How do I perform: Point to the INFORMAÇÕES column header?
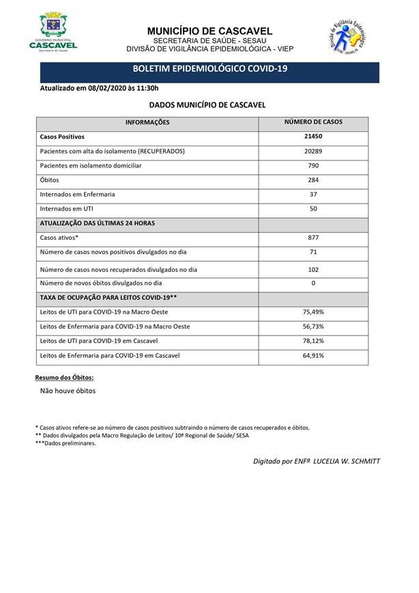pyautogui.click(x=147, y=122)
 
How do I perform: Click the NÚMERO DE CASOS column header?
pyautogui.click(x=313, y=122)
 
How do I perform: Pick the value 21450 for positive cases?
pyautogui.click(x=313, y=137)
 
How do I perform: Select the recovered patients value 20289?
pyautogui.click(x=313, y=151)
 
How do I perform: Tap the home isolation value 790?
pyautogui.click(x=313, y=165)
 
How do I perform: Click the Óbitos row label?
pyautogui.click(x=50, y=180)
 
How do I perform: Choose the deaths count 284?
pyautogui.click(x=313, y=180)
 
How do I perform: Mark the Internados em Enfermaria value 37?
pyautogui.click(x=313, y=194)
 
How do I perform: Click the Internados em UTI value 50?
pyautogui.click(x=313, y=208)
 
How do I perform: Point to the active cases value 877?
pyautogui.click(x=313, y=237)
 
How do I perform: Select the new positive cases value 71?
pyautogui.click(x=313, y=252)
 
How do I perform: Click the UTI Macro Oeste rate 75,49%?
pyautogui.click(x=313, y=312)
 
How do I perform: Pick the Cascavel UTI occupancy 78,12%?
pyautogui.click(x=313, y=340)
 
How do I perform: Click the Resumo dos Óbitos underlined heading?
pyautogui.click(x=64, y=377)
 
